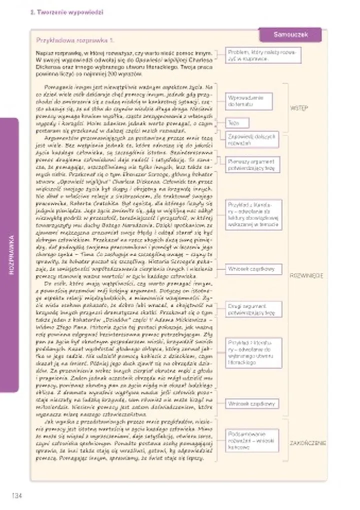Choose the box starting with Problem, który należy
click(263, 55)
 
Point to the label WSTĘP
click(299, 108)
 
